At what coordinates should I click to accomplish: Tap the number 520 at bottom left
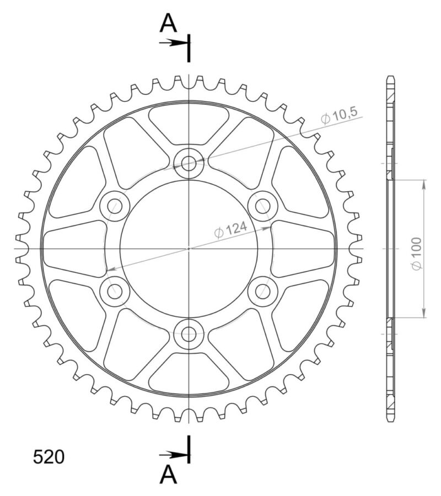click(x=49, y=457)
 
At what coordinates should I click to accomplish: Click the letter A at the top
click(x=168, y=23)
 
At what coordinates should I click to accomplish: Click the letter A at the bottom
click(x=168, y=473)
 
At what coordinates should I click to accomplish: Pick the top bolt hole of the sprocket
click(x=189, y=163)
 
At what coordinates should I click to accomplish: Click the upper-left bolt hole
click(x=115, y=206)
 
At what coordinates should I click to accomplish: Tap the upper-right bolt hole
click(x=262, y=206)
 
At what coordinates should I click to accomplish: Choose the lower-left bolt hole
click(x=115, y=291)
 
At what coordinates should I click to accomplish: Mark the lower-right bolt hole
click(x=262, y=291)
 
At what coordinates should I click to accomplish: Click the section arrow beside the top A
click(x=173, y=42)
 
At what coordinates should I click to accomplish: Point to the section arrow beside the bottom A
click(x=173, y=455)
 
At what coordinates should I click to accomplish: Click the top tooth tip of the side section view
click(x=391, y=78)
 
